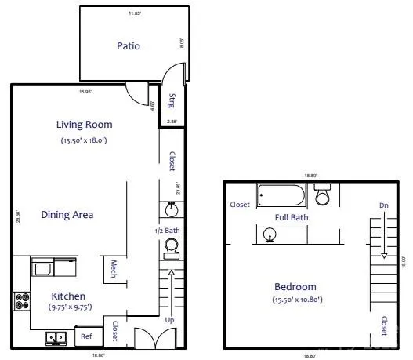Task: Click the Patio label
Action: [x=129, y=45]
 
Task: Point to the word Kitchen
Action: [x=68, y=296]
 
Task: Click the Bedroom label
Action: [x=295, y=286]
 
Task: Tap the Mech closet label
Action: [x=114, y=269]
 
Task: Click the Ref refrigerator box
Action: [x=87, y=337]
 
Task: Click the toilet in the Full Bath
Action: [x=323, y=192]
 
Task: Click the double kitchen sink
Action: [x=55, y=338]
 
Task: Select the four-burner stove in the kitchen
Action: [x=20, y=300]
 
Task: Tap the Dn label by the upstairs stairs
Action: [x=383, y=205]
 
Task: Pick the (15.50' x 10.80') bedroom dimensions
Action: [x=295, y=299]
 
